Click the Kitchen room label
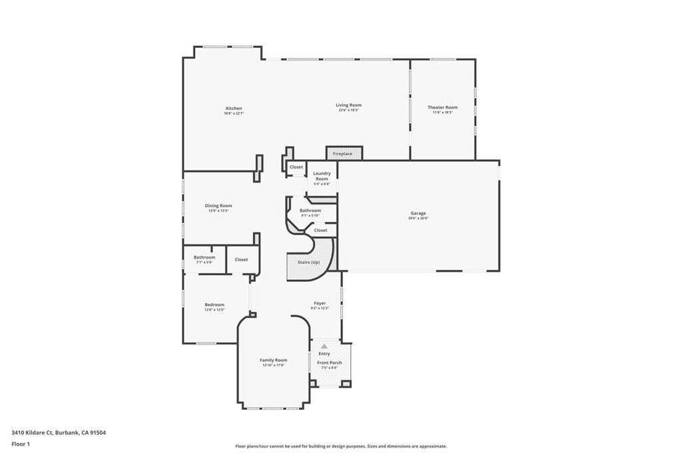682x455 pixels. [x=233, y=109]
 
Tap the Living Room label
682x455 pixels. [x=348, y=105]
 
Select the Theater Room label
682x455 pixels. [x=442, y=107]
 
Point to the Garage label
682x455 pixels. [x=418, y=213]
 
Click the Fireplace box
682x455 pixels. [x=343, y=153]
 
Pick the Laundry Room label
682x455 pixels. [x=322, y=176]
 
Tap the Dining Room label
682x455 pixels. [x=218, y=206]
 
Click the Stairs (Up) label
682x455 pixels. [x=308, y=262]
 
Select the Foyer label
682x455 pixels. [x=320, y=303]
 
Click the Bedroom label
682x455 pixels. [x=214, y=305]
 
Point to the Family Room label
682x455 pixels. [x=273, y=360]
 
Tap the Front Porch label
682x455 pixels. [x=330, y=362]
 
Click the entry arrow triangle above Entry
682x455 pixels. [x=324, y=346]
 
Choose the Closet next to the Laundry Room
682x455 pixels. [x=296, y=167]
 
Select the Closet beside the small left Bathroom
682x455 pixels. [x=241, y=259]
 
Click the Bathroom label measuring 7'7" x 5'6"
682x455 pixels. [x=204, y=257]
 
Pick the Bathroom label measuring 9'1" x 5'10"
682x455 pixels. [x=310, y=211]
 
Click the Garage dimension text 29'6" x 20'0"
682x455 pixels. [x=418, y=219]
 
